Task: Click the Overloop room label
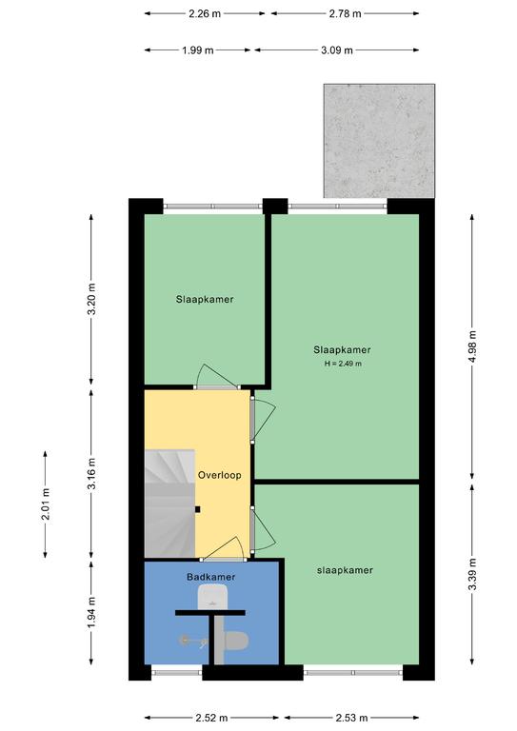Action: tap(220, 475)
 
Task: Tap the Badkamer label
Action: tap(210, 577)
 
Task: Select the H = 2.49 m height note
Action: tap(343, 364)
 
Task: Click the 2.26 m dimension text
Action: tap(205, 13)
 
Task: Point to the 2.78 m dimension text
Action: tap(345, 13)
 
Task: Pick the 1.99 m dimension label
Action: tap(198, 49)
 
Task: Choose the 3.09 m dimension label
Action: tap(337, 49)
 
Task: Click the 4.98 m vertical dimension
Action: tap(472, 346)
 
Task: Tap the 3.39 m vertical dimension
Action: tap(472, 574)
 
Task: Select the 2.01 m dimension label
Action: tap(45, 504)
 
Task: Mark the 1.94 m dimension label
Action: tap(91, 612)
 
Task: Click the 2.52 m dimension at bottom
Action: tap(211, 718)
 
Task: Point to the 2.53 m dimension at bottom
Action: tap(351, 718)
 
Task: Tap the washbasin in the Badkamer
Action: tap(212, 597)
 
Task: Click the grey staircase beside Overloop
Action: tap(169, 503)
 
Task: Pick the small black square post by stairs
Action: tap(198, 509)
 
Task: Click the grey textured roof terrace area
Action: tap(380, 141)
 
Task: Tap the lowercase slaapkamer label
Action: tap(345, 570)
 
